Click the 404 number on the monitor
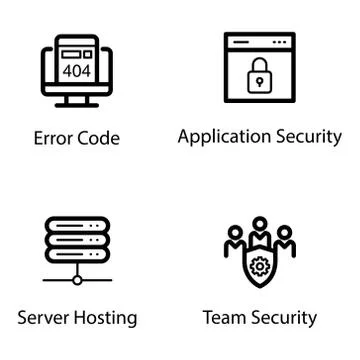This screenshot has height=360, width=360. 76,71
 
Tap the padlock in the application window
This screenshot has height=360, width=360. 259,75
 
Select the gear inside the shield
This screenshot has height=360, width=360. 259,268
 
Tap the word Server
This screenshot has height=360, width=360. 44,318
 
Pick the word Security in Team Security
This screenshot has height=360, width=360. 283,318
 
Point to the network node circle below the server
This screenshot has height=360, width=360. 76,281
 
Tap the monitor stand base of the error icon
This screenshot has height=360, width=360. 76,104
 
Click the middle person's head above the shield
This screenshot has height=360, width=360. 259,225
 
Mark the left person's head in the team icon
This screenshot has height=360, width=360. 236,234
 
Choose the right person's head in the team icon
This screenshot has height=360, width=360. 283,234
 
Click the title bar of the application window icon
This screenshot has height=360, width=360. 259,43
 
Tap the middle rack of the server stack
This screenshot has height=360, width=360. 76,242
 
